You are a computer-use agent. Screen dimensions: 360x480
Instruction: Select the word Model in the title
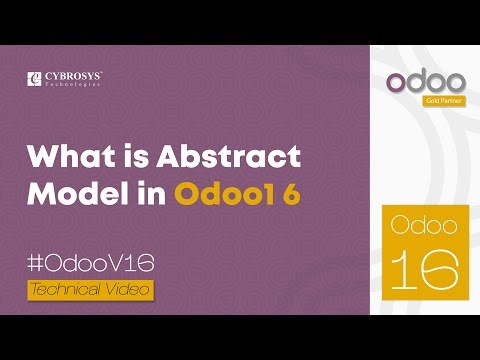coord(67,192)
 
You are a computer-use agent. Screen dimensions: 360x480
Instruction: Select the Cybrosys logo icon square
coord(36,77)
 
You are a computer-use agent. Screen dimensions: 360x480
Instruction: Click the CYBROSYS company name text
coord(74,74)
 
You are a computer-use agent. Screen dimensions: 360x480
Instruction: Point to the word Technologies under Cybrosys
coord(74,85)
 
